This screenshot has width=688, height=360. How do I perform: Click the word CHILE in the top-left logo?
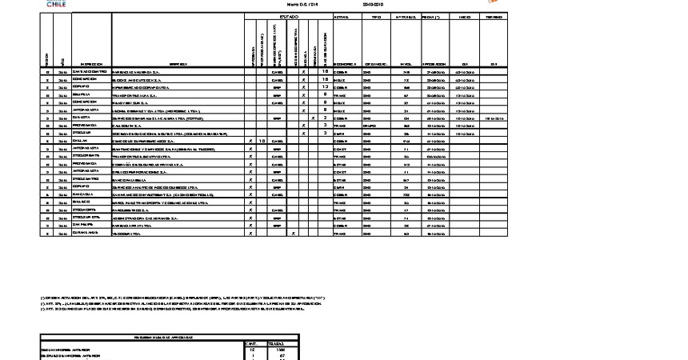click(56, 5)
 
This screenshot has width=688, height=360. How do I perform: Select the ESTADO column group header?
click(288, 16)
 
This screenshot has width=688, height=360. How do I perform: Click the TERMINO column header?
click(494, 16)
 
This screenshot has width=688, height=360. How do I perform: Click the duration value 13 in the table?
click(325, 86)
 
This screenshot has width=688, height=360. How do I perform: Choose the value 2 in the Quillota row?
click(325, 118)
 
